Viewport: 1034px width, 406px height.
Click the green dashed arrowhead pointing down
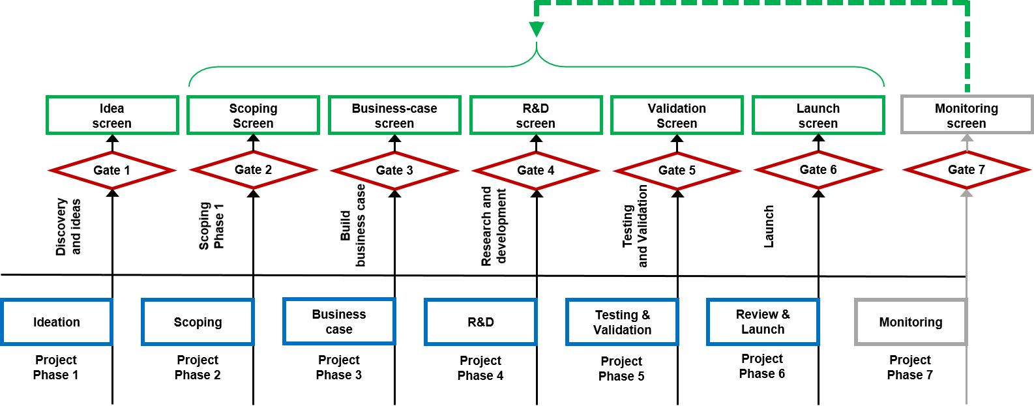(537, 29)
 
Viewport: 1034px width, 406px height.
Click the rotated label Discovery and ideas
(68, 227)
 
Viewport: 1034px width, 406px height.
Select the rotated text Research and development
(494, 226)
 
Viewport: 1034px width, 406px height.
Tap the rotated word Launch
(769, 227)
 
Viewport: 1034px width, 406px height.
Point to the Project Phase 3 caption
(339, 368)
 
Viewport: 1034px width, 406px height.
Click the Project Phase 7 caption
(910, 368)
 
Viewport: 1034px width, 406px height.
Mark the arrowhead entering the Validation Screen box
(677, 138)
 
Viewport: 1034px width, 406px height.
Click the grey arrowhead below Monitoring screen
(967, 138)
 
